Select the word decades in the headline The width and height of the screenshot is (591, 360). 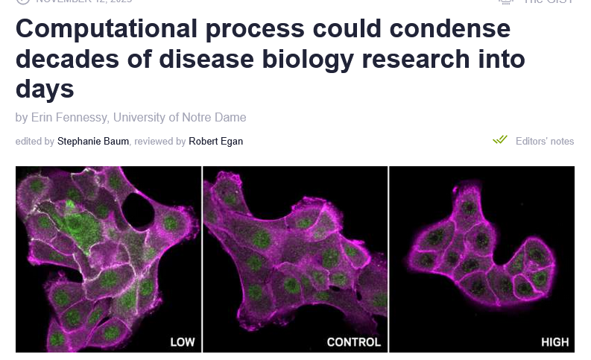coord(65,60)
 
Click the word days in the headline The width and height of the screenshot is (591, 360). coord(44,89)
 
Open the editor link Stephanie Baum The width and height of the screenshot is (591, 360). coord(93,141)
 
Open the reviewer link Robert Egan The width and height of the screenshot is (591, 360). coord(215,141)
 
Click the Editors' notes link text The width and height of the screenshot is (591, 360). coord(545,141)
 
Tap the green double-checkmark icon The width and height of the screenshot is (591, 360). coord(499,140)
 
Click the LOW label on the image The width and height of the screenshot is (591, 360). coord(183,342)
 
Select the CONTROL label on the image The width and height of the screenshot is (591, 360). coord(353,342)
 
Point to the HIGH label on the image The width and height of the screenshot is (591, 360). coord(554,342)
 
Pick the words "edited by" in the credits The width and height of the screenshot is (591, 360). coord(34,141)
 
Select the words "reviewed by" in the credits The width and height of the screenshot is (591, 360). coord(160,141)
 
